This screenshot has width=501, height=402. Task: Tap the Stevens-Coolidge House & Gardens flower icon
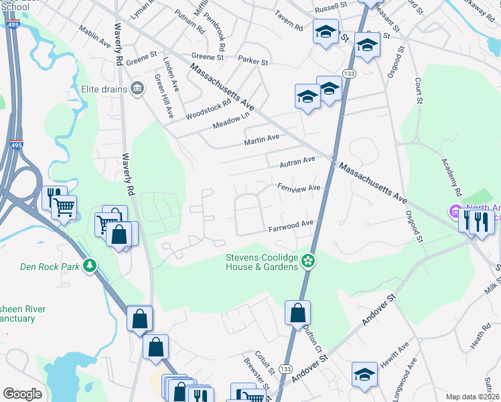point(309,260)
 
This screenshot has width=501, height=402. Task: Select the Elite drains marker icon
point(138,88)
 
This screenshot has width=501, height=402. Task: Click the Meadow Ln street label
point(226,121)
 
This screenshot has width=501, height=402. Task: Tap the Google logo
point(22,393)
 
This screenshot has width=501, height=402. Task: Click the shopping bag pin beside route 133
point(297,312)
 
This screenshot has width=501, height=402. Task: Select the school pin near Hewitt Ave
point(364,375)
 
